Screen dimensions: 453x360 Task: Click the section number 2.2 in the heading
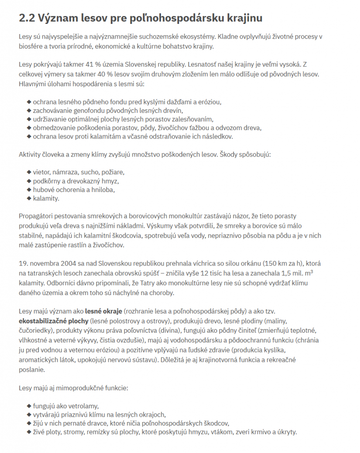tap(27, 18)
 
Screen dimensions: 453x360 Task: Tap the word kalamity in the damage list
tap(46, 198)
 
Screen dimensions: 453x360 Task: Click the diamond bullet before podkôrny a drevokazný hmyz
tap(29, 180)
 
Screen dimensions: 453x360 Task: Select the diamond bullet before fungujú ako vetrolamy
tap(29, 405)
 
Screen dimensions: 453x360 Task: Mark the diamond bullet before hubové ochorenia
tap(29, 189)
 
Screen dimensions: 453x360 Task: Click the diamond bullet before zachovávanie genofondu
tap(29, 111)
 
